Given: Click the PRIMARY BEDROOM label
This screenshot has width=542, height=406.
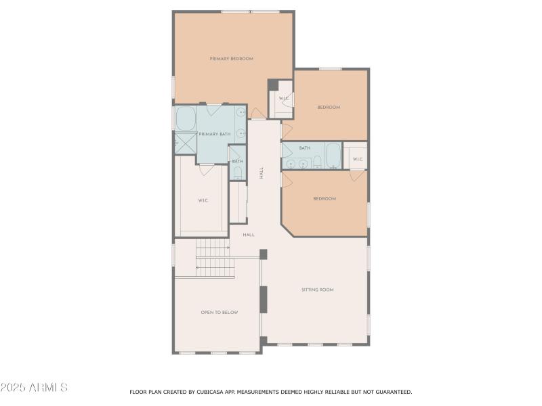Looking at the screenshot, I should [x=231, y=59].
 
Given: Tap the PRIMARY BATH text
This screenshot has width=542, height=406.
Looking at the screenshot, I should [x=214, y=134].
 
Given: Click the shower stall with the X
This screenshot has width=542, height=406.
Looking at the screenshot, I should [x=185, y=143].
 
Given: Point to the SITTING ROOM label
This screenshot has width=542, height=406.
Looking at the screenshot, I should [x=317, y=290].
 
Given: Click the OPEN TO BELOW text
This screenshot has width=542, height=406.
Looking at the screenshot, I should [x=219, y=313].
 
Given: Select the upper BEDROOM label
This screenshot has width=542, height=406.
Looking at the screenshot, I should [x=329, y=108].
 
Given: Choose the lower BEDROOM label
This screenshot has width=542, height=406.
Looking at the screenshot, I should [x=325, y=198].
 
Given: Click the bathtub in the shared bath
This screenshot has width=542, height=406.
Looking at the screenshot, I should [x=333, y=156].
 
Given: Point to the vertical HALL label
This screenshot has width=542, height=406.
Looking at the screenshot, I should [x=262, y=173].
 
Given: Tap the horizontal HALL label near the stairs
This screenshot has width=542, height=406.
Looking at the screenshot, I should [x=249, y=235].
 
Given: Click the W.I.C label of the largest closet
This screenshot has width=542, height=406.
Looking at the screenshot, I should [x=203, y=200].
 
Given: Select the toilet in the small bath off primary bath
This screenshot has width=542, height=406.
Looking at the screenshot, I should [x=236, y=175].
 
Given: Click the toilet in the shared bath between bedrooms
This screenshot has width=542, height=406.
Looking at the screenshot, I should [x=317, y=161].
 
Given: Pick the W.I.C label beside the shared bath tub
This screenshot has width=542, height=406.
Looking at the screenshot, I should [x=357, y=160].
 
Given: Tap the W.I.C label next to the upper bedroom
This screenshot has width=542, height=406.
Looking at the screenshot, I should [x=284, y=99].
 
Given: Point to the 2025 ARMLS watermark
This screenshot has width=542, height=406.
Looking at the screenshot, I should [x=34, y=388].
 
